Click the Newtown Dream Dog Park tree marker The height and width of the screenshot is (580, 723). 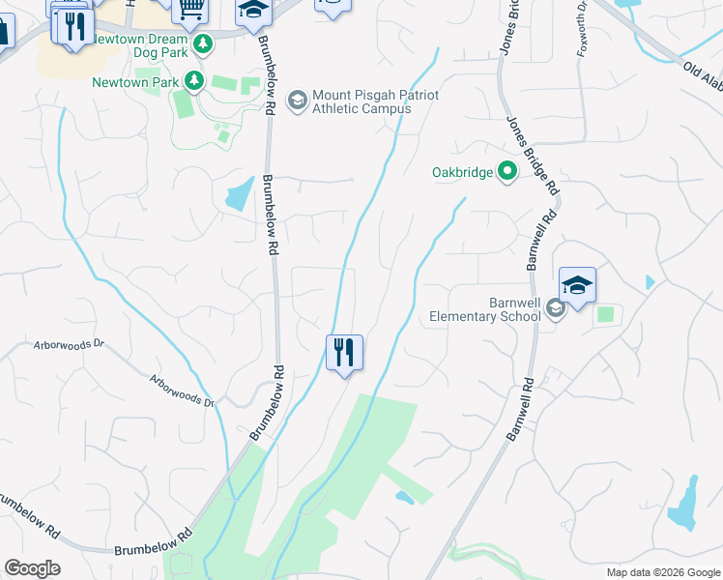coord(203,44)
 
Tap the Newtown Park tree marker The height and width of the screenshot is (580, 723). coord(194,80)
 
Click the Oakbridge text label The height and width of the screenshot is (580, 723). coord(462,174)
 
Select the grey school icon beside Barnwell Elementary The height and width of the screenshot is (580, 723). coord(555,308)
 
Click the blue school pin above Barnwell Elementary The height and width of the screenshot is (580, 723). coord(577,285)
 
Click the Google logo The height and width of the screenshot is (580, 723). coord(32,568)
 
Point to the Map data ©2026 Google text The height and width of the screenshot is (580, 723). coord(662,572)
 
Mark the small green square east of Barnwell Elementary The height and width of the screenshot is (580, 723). coord(606,314)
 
